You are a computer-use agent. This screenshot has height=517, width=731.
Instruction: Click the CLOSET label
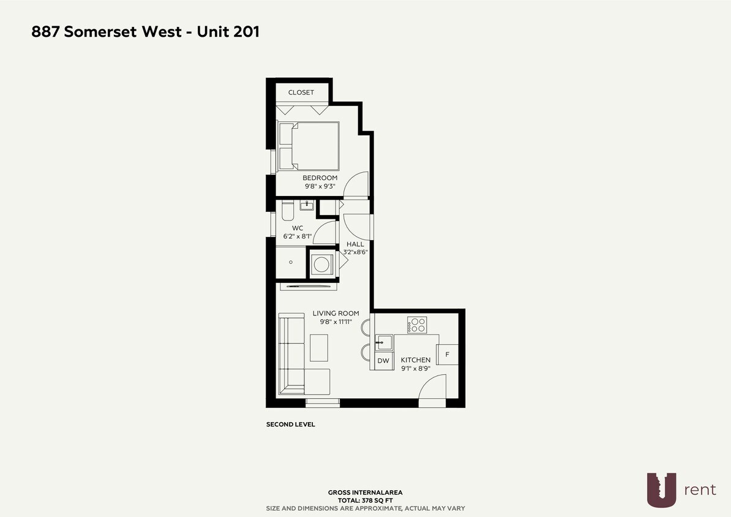pyautogui.click(x=301, y=92)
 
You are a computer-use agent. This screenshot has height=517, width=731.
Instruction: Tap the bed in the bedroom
pyautogui.click(x=309, y=146)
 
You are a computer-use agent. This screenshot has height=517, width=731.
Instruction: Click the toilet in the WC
pyautogui.click(x=288, y=211)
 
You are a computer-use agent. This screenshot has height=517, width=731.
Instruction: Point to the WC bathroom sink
pyautogui.click(x=306, y=205)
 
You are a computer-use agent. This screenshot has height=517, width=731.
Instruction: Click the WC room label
pyautogui.click(x=298, y=228)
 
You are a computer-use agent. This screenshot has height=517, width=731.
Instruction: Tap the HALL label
pyautogui.click(x=355, y=244)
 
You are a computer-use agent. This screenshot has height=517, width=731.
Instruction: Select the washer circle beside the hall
pyautogui.click(x=321, y=265)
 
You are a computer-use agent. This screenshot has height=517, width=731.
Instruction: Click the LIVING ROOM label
pyautogui.click(x=336, y=313)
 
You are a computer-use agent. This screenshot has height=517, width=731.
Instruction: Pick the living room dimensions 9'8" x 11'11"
pyautogui.click(x=336, y=322)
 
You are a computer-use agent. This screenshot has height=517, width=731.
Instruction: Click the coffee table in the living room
pyautogui.click(x=319, y=347)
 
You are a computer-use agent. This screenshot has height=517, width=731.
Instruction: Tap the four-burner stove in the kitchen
pyautogui.click(x=418, y=325)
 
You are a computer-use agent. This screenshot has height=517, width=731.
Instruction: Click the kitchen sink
pyautogui.click(x=384, y=342)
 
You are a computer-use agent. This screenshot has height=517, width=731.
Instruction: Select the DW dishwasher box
pyautogui.click(x=383, y=361)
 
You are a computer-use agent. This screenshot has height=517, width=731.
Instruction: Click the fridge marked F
pyautogui.click(x=447, y=354)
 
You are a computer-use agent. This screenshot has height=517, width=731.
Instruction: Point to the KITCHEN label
pyautogui.click(x=416, y=360)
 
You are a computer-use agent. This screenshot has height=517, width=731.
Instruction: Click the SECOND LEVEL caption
pyautogui.click(x=291, y=424)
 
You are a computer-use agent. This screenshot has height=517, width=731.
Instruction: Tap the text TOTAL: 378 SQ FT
pyautogui.click(x=365, y=500)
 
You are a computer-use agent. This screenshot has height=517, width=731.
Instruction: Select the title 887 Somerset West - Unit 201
pyautogui.click(x=146, y=32)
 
